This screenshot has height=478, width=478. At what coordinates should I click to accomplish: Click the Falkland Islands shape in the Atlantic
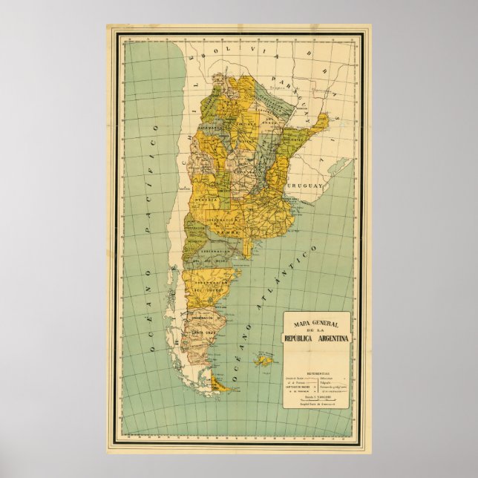pyautogui.click(x=263, y=361)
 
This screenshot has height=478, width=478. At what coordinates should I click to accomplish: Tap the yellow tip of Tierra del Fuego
pyautogui.click(x=217, y=384)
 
